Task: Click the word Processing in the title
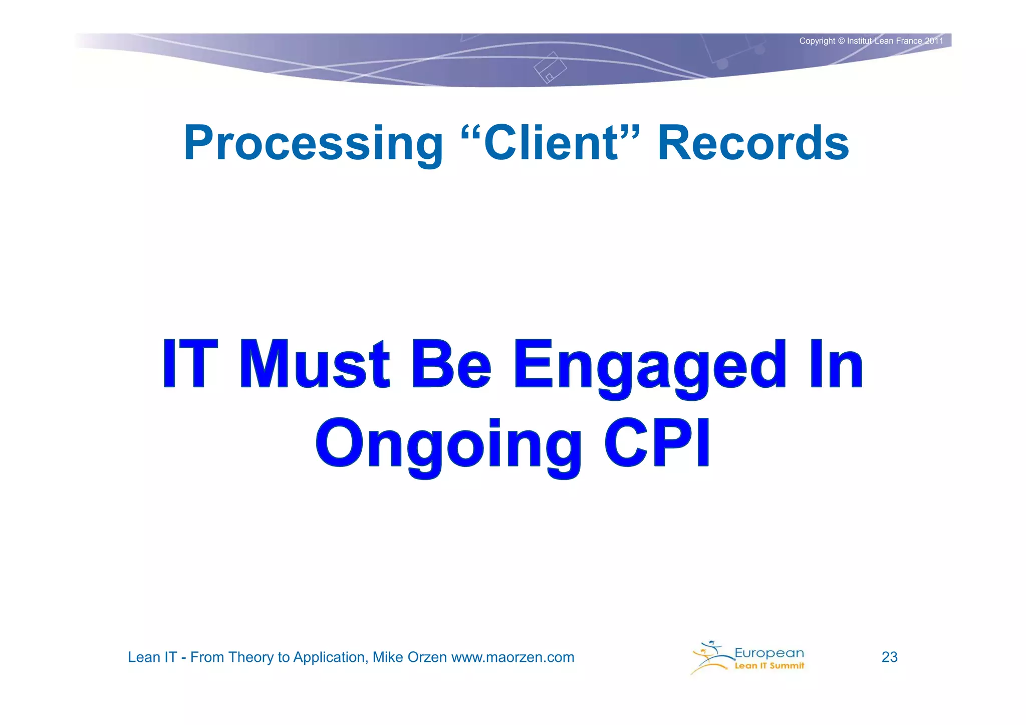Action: [313, 144]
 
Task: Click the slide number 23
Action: [889, 657]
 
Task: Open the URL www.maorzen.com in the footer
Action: [512, 657]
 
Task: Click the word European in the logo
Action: [769, 652]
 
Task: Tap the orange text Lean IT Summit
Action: [769, 666]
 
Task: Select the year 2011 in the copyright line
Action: [933, 41]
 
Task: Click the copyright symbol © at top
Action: [841, 41]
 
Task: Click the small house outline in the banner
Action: [550, 68]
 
